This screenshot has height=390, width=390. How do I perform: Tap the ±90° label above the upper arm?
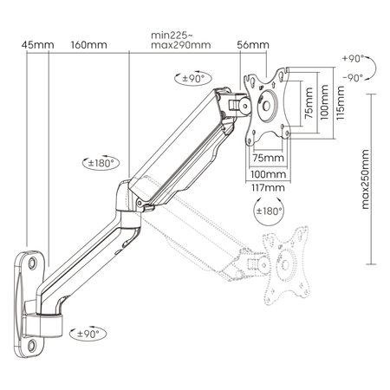click(x=192, y=79)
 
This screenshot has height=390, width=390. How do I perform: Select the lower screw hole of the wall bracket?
click(x=34, y=344)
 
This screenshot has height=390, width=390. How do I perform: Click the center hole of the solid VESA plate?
click(x=268, y=107)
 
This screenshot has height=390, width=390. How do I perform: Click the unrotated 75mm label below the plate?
click(x=268, y=159)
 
